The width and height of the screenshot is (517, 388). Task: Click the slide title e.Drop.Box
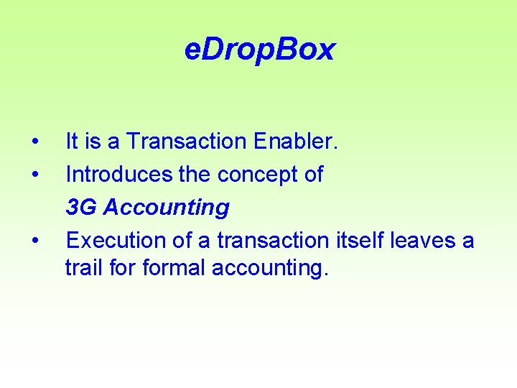point(259,50)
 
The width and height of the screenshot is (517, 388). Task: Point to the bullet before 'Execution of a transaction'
point(35,240)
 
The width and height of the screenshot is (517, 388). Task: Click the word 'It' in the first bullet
point(72,142)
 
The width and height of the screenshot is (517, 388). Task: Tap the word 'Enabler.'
point(296,142)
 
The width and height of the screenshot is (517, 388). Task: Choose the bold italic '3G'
point(82,208)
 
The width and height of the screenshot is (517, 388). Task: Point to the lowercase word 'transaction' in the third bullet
point(274,240)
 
